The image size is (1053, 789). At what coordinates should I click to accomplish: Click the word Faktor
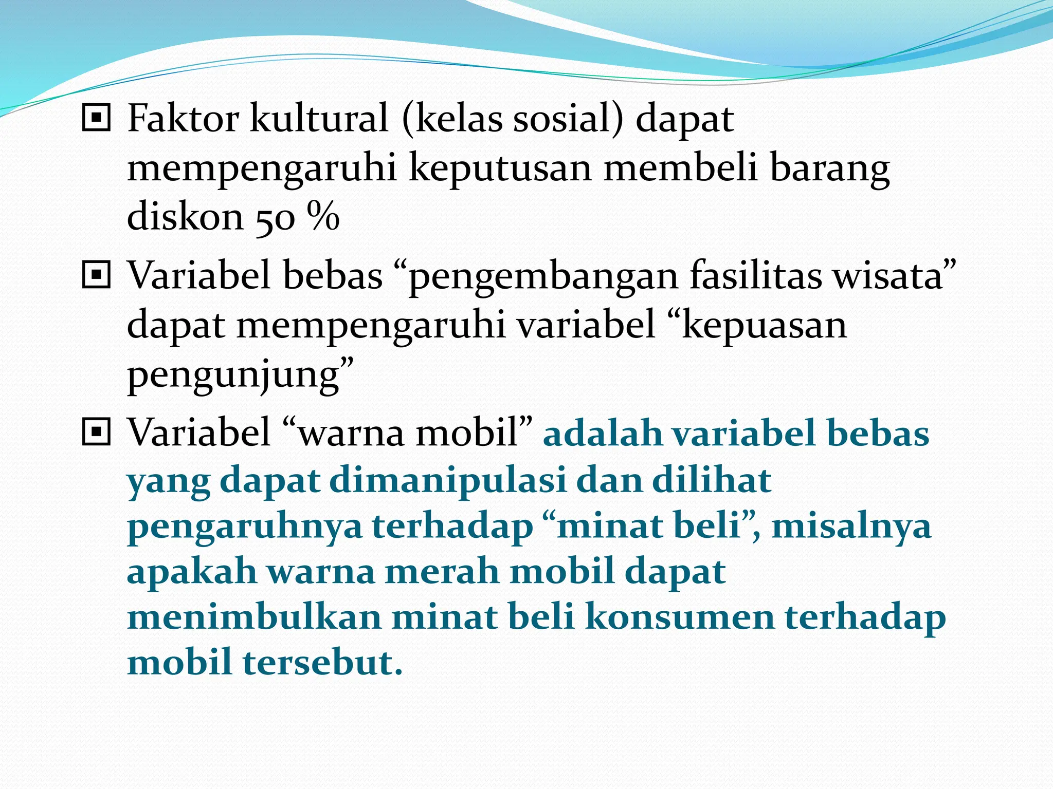(183, 119)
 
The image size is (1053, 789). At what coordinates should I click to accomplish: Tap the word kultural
(319, 119)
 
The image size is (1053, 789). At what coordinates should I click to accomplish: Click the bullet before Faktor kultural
(96, 118)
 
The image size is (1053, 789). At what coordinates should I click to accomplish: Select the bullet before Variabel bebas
(96, 275)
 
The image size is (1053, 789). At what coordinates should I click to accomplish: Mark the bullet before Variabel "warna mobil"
(96, 432)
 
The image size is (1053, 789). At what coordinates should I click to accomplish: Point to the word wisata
(888, 275)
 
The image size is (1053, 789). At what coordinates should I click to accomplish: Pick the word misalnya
(851, 527)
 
